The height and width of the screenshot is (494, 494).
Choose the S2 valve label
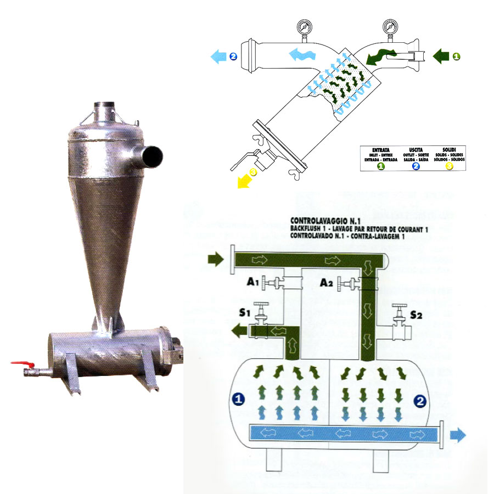tap(418, 315)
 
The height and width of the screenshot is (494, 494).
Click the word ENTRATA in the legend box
tap(378, 149)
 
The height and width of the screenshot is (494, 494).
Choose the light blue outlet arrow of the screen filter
tap(220, 56)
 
